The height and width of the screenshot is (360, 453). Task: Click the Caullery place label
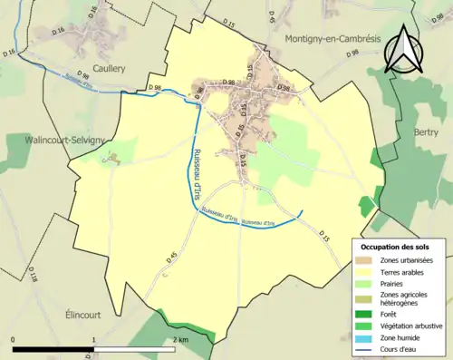107,67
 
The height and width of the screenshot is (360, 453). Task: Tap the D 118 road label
33,271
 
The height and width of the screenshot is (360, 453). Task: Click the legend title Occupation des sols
396,247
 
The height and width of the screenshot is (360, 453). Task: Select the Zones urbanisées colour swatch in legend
363,260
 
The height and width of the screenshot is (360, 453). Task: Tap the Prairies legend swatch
363,282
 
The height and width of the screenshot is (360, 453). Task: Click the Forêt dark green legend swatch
363,308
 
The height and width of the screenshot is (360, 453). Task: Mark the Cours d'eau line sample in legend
363,343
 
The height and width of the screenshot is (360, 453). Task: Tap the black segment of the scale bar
53,347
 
